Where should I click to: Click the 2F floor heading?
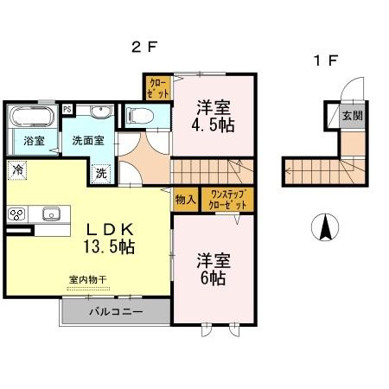(x=143, y=48)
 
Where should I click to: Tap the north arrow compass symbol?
(x=324, y=227)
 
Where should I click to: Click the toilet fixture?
(x=139, y=115)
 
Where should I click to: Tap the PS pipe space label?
(x=67, y=109)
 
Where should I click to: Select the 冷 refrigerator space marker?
(x=17, y=169)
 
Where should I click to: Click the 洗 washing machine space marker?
(x=101, y=172)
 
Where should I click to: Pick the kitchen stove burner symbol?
(x=16, y=214)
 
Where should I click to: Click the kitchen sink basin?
(x=48, y=214)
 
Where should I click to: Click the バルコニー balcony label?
(x=114, y=310)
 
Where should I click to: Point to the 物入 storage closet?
(x=184, y=201)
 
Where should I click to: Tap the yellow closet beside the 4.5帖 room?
(x=157, y=87)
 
